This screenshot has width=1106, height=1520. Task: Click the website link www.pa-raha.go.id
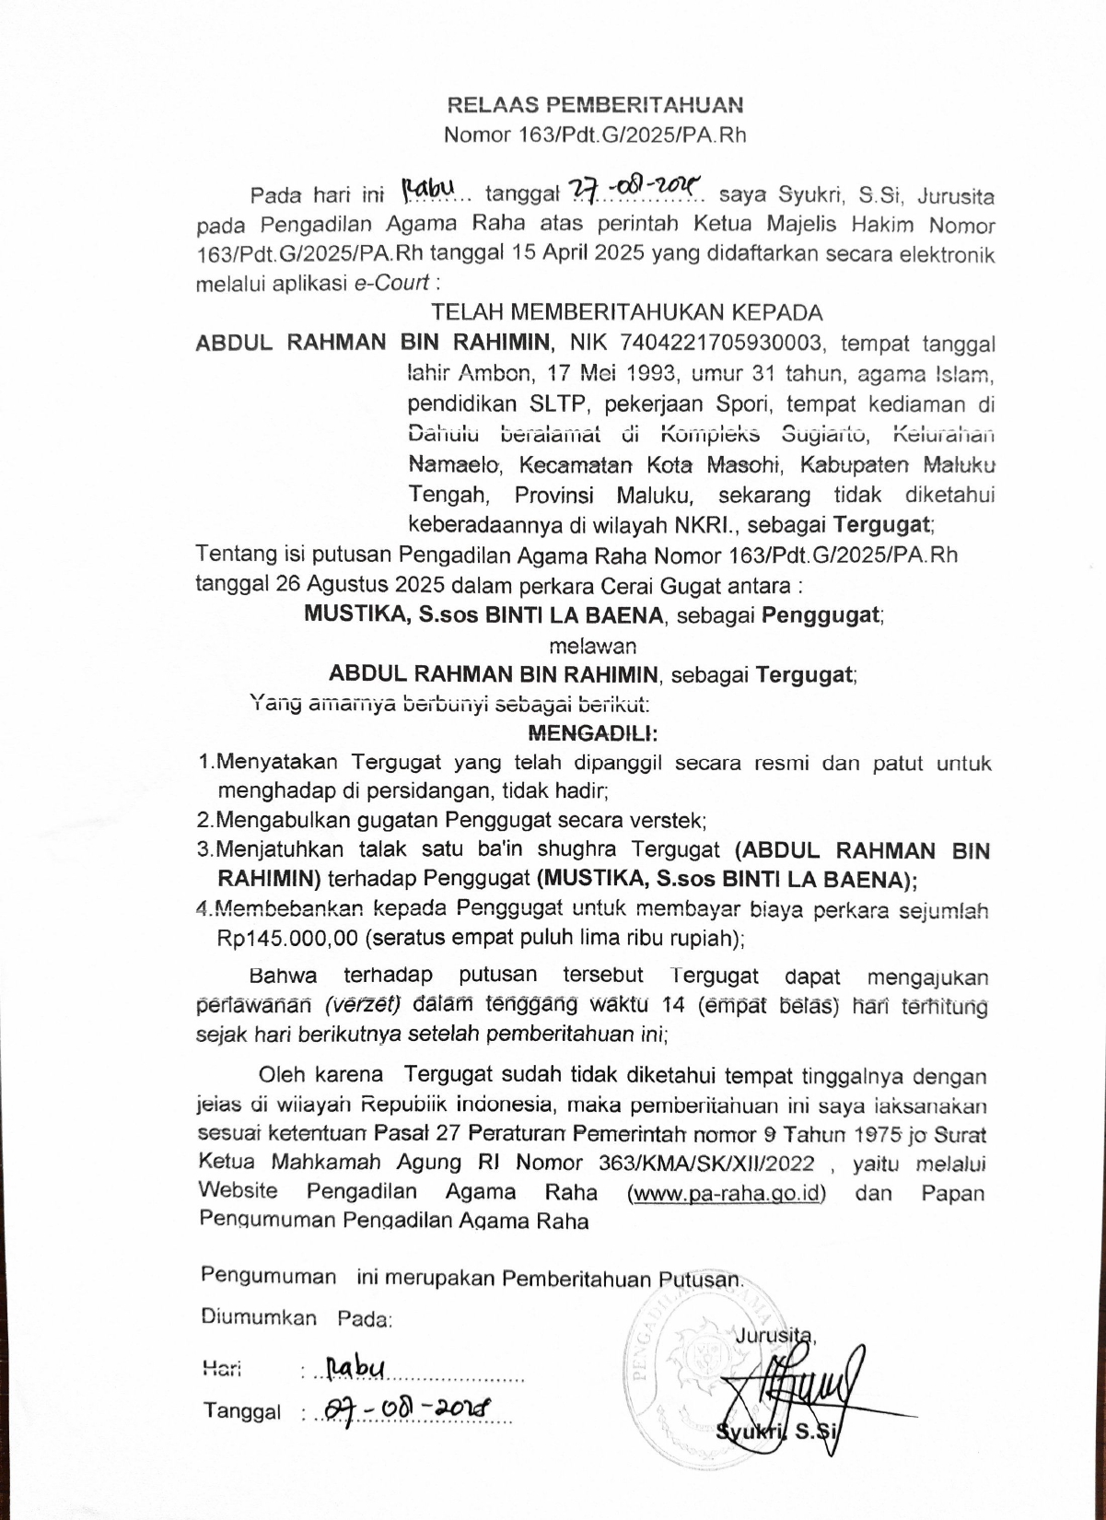tap(726, 1193)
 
